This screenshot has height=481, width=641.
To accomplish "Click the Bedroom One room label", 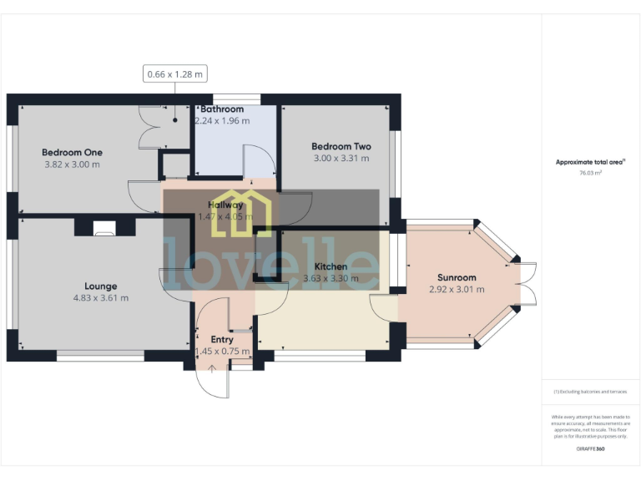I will (72, 152).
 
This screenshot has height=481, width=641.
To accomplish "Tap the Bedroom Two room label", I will (341, 146).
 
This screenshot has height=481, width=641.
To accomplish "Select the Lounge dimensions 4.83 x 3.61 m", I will (100, 297).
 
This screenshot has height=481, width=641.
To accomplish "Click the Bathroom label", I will (221, 109).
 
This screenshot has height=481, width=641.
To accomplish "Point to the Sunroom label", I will (457, 277).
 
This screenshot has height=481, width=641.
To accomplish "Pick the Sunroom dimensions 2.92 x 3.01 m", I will (457, 290).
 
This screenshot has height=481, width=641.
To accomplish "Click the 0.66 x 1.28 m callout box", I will (175, 74).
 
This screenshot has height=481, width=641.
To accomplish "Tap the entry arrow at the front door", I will (212, 368).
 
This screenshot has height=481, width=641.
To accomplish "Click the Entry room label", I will (222, 339).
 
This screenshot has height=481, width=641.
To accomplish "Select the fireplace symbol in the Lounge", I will (104, 228).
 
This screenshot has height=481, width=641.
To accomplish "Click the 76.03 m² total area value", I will (591, 173).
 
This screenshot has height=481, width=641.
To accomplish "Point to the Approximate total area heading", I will (590, 162).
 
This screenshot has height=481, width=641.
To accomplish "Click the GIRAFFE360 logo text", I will (590, 449).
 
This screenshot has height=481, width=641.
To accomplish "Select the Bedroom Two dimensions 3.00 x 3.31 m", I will (341, 158).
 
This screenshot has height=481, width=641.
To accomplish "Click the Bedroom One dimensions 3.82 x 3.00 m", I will (72, 165).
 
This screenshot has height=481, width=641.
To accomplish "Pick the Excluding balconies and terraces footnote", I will (590, 392).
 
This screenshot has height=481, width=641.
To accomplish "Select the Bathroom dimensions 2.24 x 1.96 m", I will (222, 121).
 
